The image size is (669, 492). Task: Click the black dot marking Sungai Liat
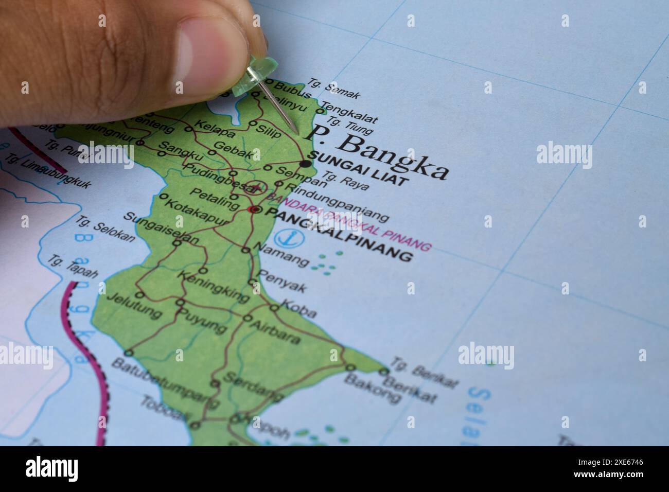click(306, 164)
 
